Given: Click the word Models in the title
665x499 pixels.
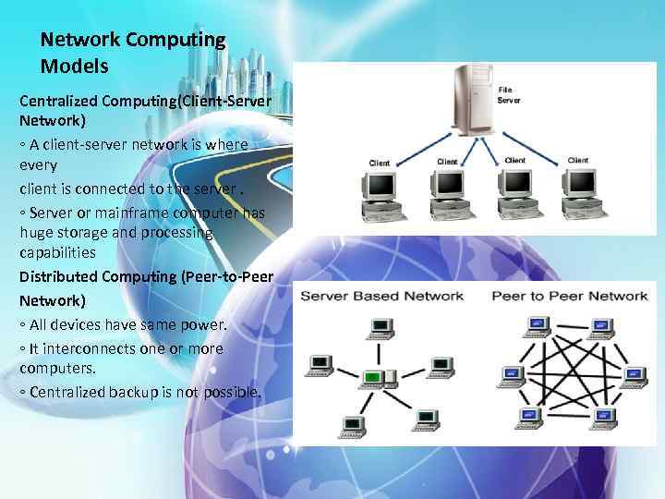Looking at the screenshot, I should (75, 67).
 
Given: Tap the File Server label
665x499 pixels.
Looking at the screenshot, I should (509, 94).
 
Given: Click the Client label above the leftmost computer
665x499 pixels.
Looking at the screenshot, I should (379, 163).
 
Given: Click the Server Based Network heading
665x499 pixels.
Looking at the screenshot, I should (381, 296).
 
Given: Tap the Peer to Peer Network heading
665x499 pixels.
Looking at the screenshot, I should (570, 296).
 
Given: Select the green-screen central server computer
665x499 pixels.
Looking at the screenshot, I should (373, 377).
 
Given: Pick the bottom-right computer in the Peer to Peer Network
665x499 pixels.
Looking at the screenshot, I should (604, 417).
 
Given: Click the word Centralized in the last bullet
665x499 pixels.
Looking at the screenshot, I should (66, 393).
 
